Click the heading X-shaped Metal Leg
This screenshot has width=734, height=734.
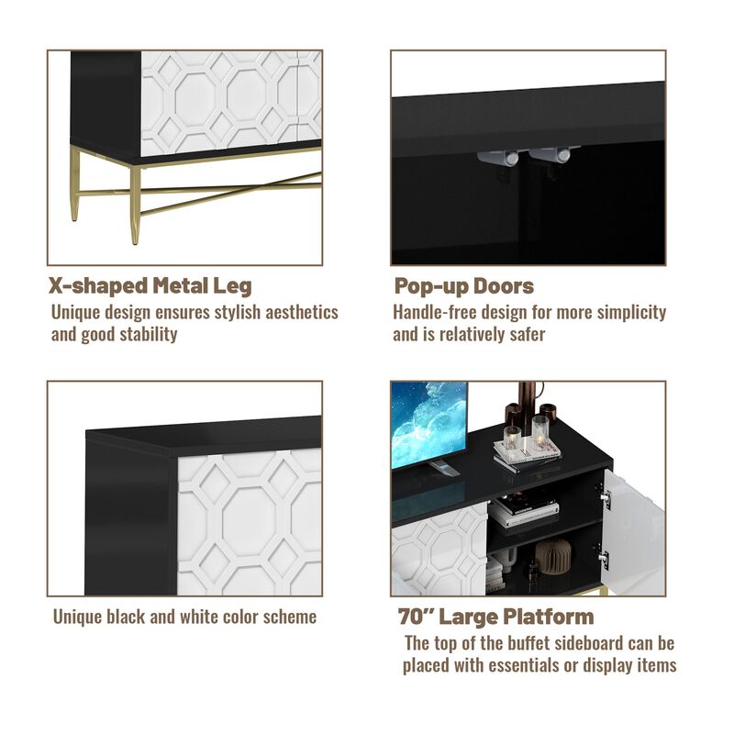pos(150,285)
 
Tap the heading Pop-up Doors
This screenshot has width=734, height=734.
pos(463,285)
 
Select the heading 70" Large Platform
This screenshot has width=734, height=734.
pos(495,616)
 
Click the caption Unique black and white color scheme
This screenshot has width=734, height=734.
pos(184,617)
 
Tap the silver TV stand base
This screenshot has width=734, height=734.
pos(442,469)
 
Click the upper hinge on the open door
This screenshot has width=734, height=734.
pos(605,500)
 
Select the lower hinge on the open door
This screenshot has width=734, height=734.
pos(605,557)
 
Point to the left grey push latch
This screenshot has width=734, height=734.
pos(493,158)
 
